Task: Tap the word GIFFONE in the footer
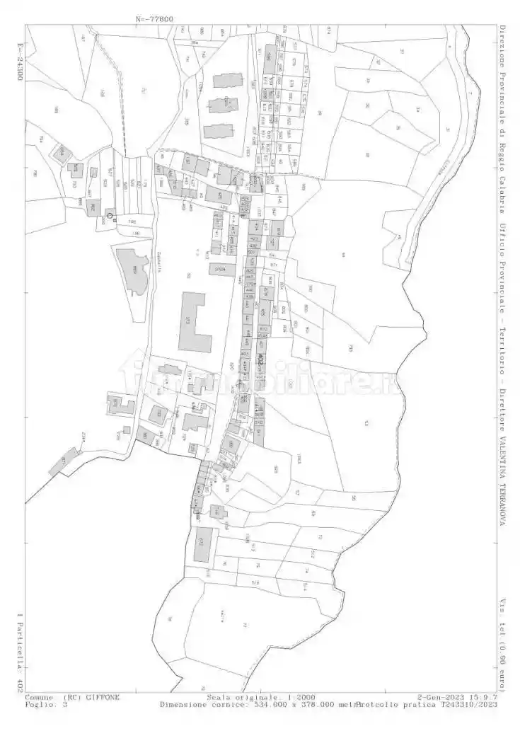(x=103, y=697)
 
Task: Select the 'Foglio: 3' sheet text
(x=47, y=705)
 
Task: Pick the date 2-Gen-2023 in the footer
(x=442, y=697)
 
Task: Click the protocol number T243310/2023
(x=461, y=705)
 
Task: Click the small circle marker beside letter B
(x=110, y=215)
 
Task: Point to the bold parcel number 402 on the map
(x=260, y=360)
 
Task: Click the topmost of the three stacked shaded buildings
(x=226, y=80)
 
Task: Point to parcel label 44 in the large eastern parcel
(x=342, y=255)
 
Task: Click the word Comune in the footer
(x=40, y=697)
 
